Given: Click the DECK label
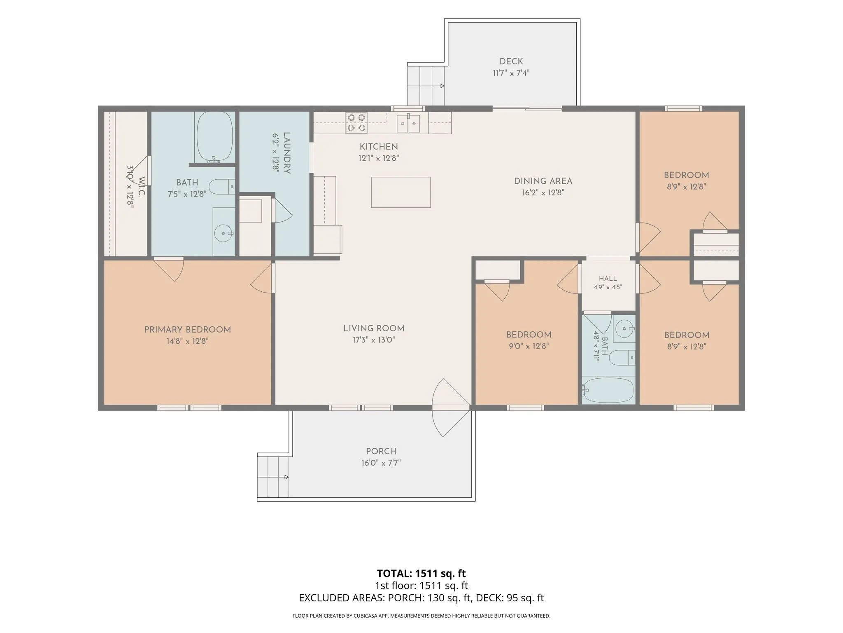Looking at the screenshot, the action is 511,61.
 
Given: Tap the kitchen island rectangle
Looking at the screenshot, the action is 401,192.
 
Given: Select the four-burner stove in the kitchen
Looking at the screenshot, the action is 356,123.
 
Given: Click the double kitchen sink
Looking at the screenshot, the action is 408,124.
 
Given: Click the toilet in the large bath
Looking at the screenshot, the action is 222,187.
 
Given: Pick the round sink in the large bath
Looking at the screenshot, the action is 224,233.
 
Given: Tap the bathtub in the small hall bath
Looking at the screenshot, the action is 609,390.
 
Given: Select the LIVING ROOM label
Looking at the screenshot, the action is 374,328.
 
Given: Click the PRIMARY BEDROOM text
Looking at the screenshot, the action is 187,330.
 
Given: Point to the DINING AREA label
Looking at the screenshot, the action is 543,181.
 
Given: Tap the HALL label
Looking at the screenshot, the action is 608,279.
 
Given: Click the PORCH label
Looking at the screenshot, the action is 381,451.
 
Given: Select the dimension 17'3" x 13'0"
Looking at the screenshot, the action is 374,340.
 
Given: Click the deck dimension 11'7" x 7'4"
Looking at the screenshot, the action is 511,73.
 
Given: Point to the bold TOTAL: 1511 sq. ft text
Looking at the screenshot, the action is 421,573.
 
